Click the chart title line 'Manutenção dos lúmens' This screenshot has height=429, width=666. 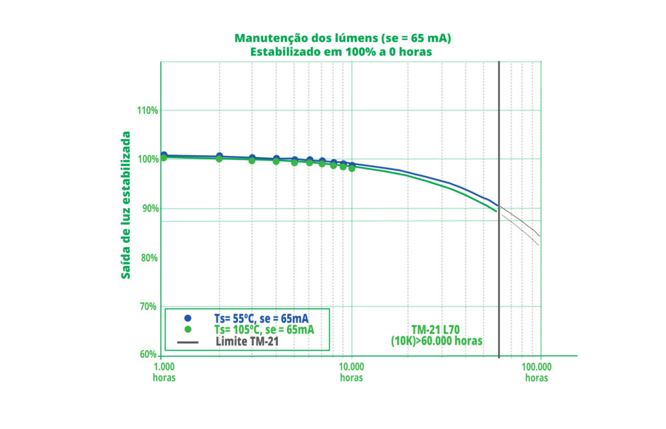tap(333, 39)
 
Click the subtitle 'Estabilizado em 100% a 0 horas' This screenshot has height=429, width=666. tap(333, 51)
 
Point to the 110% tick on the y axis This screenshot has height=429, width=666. tap(147, 111)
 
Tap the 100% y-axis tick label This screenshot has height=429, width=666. tap(147, 159)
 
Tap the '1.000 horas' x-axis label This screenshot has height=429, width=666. tap(165, 372)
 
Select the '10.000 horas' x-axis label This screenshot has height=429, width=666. tap(352, 372)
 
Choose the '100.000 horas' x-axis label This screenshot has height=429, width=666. tap(536, 372)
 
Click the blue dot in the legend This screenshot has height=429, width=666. tap(188, 318)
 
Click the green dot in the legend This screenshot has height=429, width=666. tap(188, 330)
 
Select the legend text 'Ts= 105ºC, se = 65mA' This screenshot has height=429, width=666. tap(264, 330)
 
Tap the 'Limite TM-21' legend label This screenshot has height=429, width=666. tap(247, 341)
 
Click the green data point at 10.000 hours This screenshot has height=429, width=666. tap(352, 168)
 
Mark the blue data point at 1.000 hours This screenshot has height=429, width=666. tap(164, 155)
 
